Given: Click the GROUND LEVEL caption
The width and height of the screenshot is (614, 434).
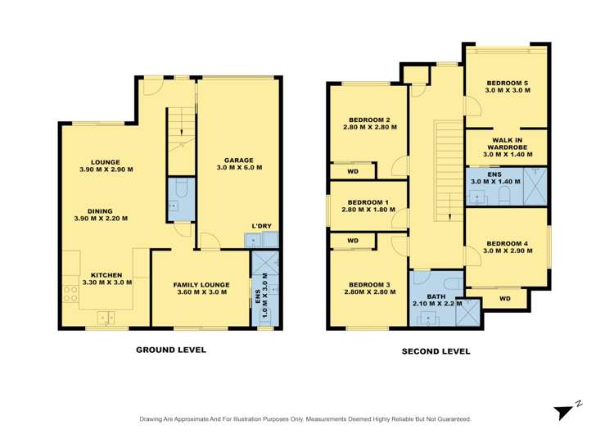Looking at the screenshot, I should click(170, 350).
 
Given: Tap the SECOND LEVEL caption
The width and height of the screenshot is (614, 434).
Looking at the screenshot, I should click(436, 351).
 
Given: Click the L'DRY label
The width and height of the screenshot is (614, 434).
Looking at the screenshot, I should click(262, 226).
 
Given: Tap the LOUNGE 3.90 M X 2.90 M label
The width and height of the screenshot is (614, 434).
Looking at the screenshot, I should click(106, 165).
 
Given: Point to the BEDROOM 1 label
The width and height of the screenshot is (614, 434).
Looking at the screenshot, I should click(368, 206).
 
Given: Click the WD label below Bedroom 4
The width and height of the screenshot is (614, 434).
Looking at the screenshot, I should click(504, 298).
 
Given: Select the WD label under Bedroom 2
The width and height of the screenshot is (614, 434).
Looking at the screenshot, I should click(353, 172).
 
